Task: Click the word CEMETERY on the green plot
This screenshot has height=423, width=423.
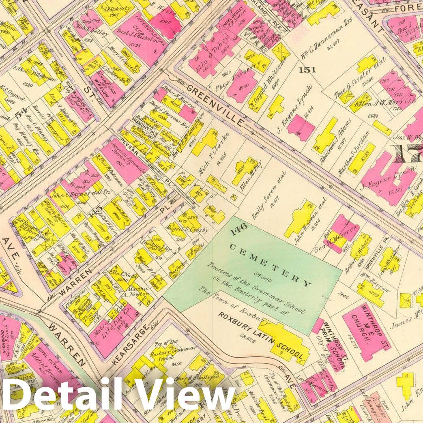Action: point(271,264)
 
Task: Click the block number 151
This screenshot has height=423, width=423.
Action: point(307,70)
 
